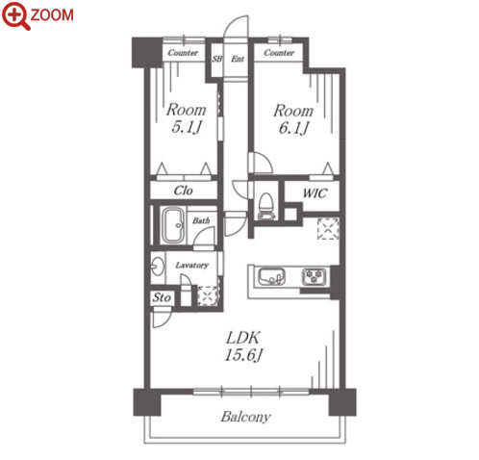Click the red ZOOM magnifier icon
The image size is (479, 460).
16,15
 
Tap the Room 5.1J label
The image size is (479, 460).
186,118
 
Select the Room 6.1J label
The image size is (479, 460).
293,119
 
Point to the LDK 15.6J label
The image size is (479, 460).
243,346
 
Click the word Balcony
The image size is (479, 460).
245,417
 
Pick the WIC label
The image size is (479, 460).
315,193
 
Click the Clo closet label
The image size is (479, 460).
183,191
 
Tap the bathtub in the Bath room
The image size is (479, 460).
173,225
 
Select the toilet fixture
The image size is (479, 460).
265,206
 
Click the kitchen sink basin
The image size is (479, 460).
271,277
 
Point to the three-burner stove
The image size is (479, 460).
315,277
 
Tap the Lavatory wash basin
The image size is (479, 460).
157,267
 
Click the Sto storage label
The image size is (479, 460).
162,297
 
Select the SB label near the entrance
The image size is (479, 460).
217,59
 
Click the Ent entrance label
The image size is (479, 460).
238,59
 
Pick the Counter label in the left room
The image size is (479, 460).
183,52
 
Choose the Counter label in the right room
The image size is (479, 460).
279,52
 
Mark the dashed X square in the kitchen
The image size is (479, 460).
328,228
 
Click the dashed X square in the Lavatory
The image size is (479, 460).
208,295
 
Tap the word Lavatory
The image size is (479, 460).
192,266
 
